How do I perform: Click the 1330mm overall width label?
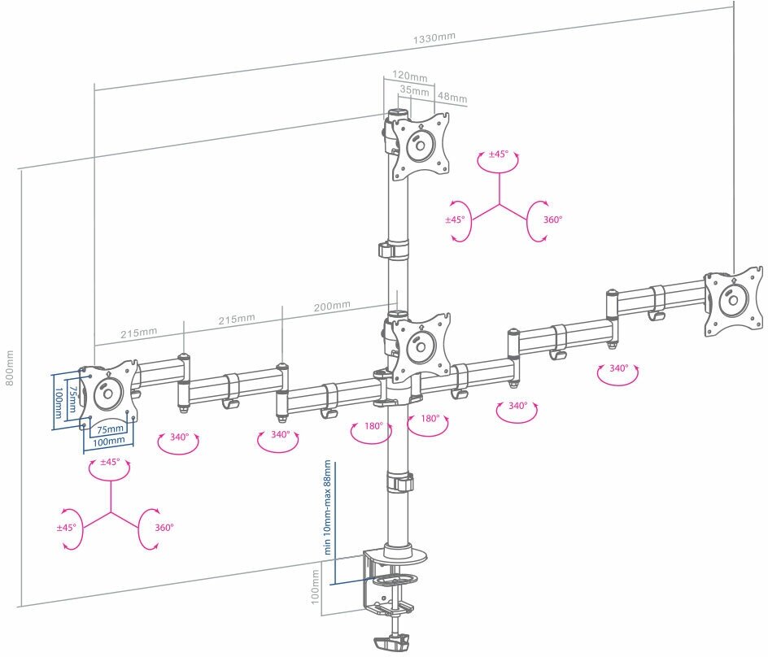tap(434, 38)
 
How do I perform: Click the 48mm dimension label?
tap(452, 98)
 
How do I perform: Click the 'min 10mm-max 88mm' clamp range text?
tap(328, 507)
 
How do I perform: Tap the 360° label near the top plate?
tap(553, 220)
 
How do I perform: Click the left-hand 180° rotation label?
tap(373, 426)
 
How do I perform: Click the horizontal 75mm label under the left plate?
tap(111, 429)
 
